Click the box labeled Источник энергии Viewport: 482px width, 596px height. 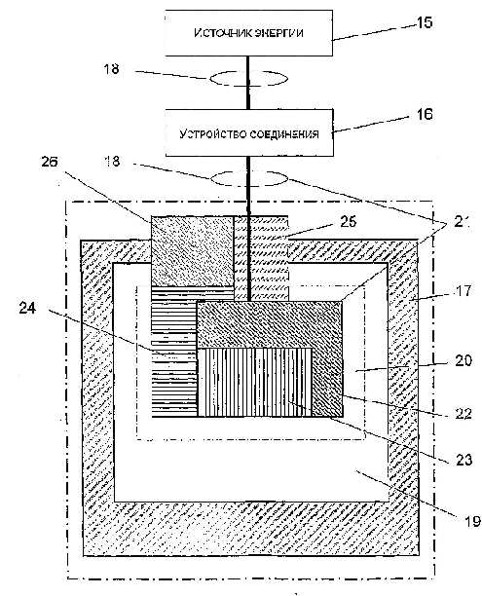[x=249, y=33]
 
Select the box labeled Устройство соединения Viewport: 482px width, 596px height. [x=249, y=132]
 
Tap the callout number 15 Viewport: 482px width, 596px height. [x=425, y=22]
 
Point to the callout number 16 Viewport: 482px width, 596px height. [x=425, y=114]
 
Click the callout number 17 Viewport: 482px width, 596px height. [x=463, y=291]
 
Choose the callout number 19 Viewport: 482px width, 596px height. [x=472, y=521]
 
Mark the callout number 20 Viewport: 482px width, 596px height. [x=463, y=360]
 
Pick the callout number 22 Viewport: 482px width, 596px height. [x=463, y=414]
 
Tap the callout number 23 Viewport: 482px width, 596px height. [x=463, y=460]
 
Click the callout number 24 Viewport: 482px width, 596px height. [x=27, y=308]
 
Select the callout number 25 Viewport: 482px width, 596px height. [x=349, y=222]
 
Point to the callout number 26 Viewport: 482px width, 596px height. [x=50, y=162]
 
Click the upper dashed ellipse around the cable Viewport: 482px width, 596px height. [x=249, y=78]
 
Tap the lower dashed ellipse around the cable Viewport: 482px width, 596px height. [x=249, y=178]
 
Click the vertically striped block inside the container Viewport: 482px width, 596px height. [x=255, y=383]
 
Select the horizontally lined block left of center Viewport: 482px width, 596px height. [x=173, y=352]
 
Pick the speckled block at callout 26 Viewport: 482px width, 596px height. [x=193, y=251]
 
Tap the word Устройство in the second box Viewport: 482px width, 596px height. [x=205, y=133]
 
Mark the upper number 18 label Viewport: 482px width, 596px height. [x=111, y=69]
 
